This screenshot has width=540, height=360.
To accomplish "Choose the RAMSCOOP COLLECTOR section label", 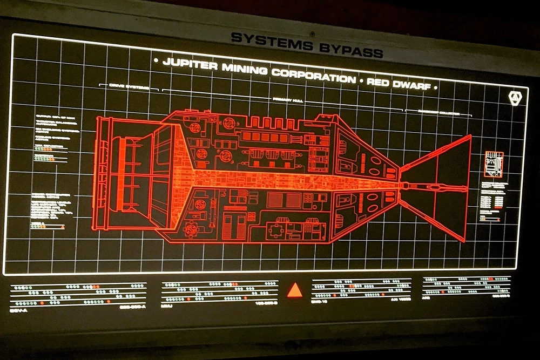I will (439, 112).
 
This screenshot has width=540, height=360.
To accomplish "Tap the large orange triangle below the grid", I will (294, 291).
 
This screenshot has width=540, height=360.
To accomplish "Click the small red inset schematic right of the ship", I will (494, 165).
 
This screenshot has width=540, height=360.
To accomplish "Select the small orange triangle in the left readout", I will (63, 227).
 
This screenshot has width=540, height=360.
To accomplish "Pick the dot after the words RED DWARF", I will (435, 86).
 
